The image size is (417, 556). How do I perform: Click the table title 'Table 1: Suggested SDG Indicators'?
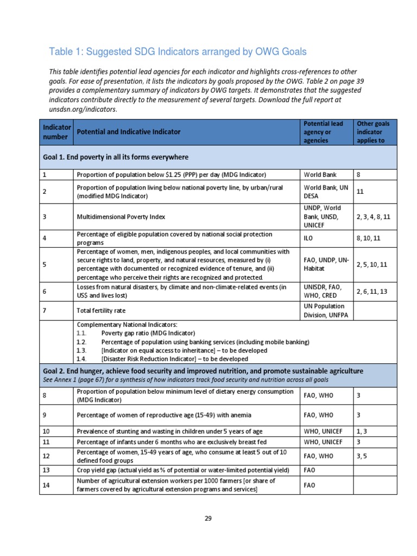point(178,52)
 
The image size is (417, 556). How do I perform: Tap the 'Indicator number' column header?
point(57,132)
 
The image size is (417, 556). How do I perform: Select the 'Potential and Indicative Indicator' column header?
point(129,132)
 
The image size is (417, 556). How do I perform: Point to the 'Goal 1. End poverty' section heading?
point(115,157)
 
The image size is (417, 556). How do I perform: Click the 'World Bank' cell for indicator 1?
point(320,175)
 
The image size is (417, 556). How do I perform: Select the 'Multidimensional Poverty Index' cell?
point(121,217)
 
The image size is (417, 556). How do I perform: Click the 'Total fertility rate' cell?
point(102,310)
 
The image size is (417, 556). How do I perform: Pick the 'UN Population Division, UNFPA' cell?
point(324,310)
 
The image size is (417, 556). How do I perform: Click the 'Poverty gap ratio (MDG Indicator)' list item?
point(148,333)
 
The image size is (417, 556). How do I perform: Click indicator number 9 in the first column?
point(45,415)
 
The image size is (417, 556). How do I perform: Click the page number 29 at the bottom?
point(208,518)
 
